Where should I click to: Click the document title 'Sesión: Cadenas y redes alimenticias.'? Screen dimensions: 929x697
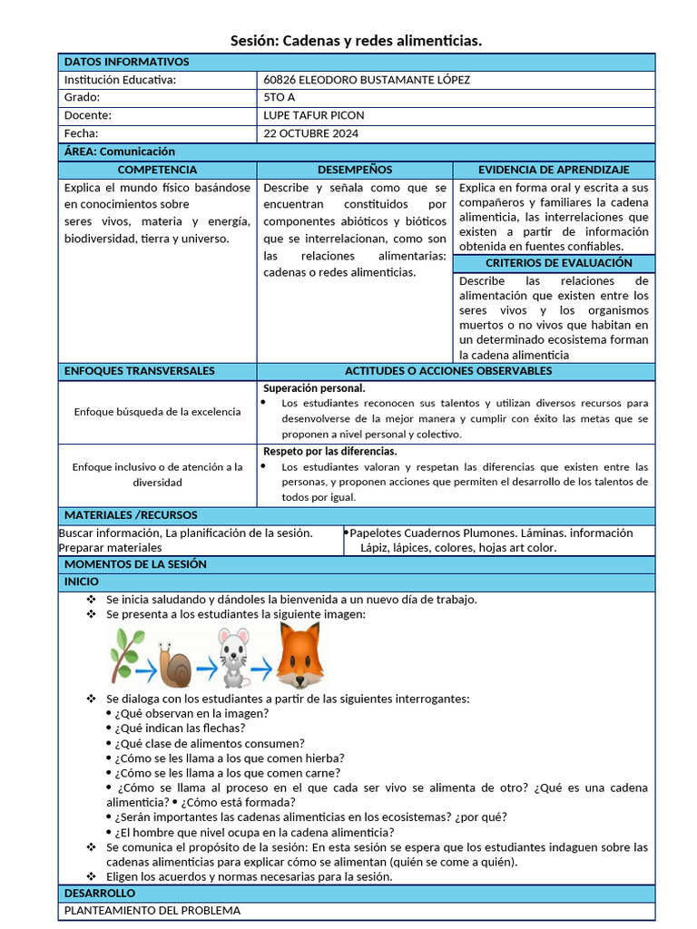pos(356,41)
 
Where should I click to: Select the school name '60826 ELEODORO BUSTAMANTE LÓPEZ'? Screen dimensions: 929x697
pos(367,80)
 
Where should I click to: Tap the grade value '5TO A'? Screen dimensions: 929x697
pos(280,98)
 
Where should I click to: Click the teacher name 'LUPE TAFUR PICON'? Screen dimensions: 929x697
pos(313,116)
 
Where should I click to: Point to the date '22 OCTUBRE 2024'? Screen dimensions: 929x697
pos(310,133)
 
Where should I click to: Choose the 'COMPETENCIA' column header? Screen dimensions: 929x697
pos(157,170)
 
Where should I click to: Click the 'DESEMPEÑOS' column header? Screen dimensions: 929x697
pos(355,170)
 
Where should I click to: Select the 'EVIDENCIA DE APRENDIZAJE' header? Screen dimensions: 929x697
pos(554,170)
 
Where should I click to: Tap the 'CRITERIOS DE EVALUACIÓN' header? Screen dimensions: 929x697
pos(554,262)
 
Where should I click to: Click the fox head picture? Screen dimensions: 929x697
pos(299,655)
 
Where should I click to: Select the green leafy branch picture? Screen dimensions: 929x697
pos(125,653)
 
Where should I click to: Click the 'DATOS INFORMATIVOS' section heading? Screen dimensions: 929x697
pos(127,62)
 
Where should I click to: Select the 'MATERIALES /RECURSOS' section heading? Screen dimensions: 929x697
pos(131,514)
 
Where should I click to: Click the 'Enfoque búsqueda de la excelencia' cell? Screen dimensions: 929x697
pos(157,411)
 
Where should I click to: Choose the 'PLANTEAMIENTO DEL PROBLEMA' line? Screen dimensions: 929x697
pos(152,910)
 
